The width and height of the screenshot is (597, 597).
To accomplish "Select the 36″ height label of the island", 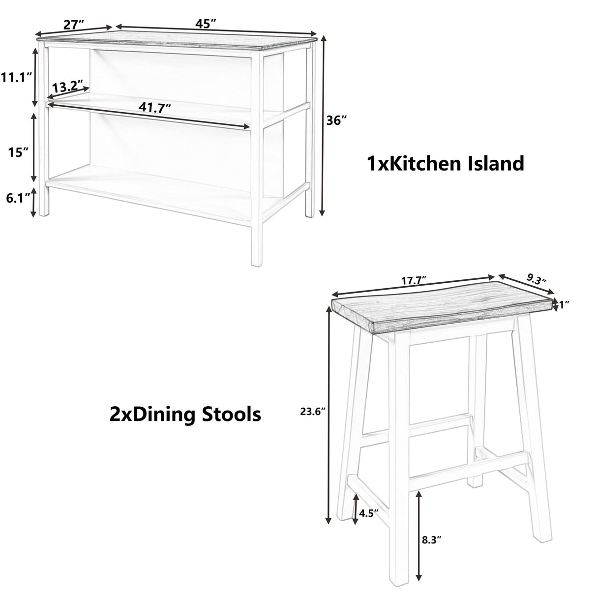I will click(337, 120).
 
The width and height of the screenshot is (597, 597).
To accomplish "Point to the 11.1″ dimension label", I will click(16, 77).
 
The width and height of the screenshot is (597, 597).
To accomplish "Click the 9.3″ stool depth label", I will click(537, 280).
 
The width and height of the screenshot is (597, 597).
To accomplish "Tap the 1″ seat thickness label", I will click(564, 305).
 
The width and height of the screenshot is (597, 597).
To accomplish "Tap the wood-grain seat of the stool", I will click(443, 310).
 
